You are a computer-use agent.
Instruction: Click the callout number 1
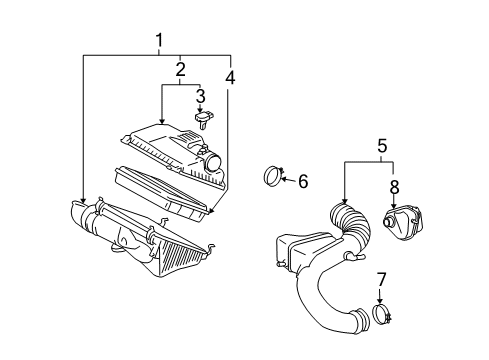[160, 40]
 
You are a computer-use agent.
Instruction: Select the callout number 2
[180, 69]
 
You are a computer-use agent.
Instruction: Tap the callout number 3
[200, 96]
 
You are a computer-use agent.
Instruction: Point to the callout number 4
[230, 77]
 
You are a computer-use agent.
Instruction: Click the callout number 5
[382, 146]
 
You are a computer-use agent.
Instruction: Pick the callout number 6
[303, 181]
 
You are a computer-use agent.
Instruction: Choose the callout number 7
[381, 280]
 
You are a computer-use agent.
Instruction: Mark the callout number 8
[394, 187]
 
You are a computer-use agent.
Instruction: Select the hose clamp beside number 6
[273, 176]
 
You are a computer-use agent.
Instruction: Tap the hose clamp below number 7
[382, 314]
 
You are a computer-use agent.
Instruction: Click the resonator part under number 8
[402, 222]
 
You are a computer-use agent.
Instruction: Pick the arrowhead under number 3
[200, 109]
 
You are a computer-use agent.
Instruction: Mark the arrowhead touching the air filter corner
[210, 211]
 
